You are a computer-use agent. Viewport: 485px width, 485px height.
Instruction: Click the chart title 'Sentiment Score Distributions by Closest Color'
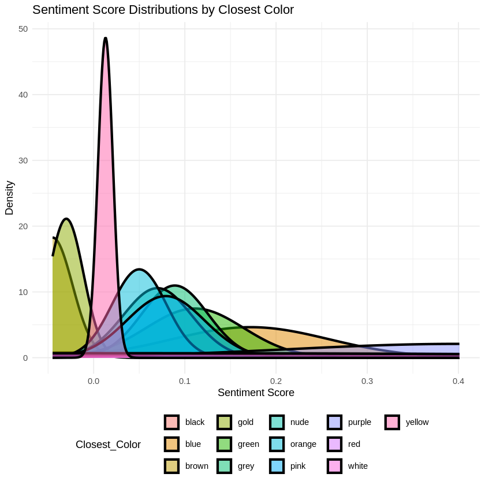[x=163, y=10]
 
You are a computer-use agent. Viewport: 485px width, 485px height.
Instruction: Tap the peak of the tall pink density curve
[x=105, y=38]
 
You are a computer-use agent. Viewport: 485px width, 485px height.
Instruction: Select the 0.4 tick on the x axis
[x=458, y=381]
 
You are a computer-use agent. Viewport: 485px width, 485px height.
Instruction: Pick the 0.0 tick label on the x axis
[x=93, y=381]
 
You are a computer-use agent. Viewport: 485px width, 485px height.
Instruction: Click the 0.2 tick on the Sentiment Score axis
[x=276, y=381]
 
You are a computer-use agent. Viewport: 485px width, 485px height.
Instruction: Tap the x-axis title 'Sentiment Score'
[x=256, y=393]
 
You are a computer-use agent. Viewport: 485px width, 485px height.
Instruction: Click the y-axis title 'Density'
[x=9, y=197]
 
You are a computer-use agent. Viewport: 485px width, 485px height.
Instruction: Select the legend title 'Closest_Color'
[x=108, y=445]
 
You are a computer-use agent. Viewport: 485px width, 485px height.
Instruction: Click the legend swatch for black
[x=171, y=422]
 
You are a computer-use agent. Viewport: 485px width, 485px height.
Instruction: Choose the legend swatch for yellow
[x=392, y=422]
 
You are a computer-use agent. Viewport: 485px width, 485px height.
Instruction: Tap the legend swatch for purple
[x=334, y=422]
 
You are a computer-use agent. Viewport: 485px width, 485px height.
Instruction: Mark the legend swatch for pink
[x=277, y=466]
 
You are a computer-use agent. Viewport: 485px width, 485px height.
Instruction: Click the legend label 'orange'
[x=303, y=444]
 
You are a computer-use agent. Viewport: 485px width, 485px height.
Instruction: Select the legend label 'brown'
[x=196, y=466]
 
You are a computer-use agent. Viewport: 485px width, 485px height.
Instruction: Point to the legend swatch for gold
[x=224, y=422]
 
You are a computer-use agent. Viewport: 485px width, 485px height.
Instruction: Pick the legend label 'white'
[x=357, y=466]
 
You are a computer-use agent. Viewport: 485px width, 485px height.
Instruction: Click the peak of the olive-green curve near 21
[x=67, y=219]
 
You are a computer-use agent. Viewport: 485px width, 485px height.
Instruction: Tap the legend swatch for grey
[x=224, y=466]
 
